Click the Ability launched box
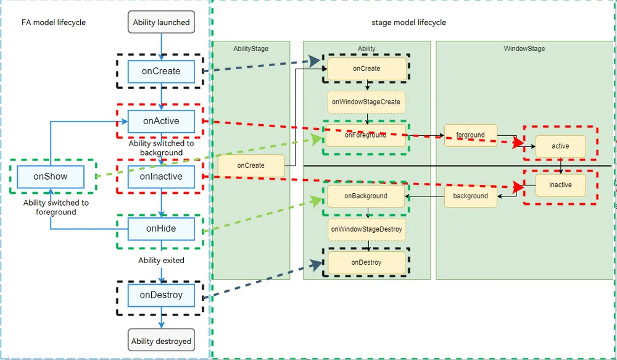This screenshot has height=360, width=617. coord(161,22)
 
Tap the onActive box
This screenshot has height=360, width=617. coord(161,121)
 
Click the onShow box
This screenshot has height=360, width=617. coord(51,177)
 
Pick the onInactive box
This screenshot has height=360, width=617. coord(161,177)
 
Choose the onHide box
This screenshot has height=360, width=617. coord(161,229)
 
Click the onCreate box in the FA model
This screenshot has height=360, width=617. coord(161,72)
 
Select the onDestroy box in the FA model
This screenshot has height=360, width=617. coord(161,295)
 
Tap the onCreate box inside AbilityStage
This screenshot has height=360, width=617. coord(251,166)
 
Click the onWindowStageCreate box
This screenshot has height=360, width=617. coord(366,102)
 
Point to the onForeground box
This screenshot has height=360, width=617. coord(366,135)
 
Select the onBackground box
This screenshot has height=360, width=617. coord(366,196)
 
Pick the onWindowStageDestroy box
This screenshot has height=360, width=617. coord(366,229)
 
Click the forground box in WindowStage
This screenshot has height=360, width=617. coord(471,135)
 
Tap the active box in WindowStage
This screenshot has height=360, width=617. coord(560,146)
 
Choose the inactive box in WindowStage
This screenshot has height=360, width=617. coord(560,185)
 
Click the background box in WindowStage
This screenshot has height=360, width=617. coord(471,196)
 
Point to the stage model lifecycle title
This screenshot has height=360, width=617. coord(409,22)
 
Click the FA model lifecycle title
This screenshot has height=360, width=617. coord(54,22)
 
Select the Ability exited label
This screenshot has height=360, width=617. coord(161,261)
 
